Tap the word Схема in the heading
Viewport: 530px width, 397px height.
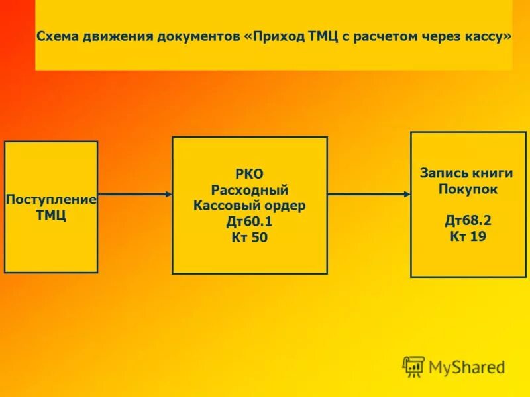[x=57, y=36]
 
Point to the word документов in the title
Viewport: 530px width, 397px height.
[x=199, y=36]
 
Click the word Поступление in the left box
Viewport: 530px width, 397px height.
[x=51, y=199]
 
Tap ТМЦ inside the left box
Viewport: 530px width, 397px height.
[x=51, y=216]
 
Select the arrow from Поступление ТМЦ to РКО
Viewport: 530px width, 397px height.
[x=135, y=194]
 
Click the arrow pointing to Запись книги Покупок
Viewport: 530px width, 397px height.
[x=369, y=194]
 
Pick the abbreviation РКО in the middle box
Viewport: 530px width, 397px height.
[x=250, y=175]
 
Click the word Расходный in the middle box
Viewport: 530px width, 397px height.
[x=250, y=191]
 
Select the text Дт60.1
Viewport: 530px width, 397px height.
[x=250, y=222]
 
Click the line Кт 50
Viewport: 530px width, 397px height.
[x=250, y=238]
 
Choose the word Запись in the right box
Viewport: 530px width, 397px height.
[x=443, y=173]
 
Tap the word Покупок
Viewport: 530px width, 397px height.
[x=468, y=189]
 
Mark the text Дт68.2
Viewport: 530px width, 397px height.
[x=468, y=220]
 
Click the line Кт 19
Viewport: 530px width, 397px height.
[x=468, y=236]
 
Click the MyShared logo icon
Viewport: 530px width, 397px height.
[x=413, y=366]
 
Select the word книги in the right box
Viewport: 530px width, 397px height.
[x=492, y=173]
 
